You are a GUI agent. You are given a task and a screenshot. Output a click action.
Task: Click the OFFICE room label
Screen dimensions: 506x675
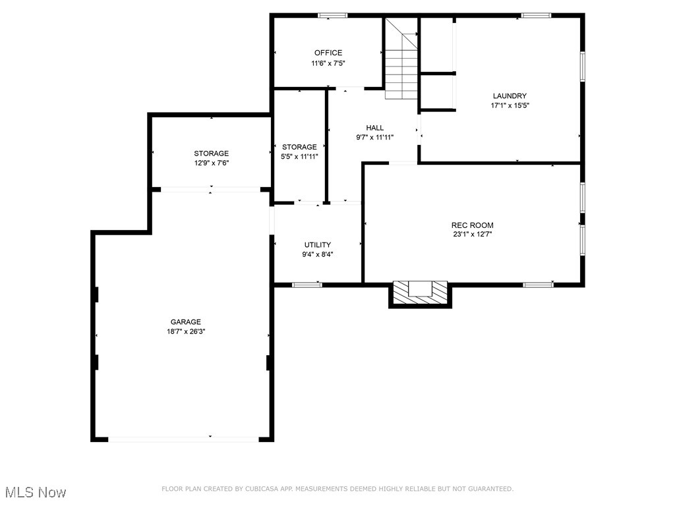click(x=328, y=53)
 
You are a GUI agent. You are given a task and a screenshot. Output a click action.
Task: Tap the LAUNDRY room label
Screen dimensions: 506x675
click(x=510, y=96)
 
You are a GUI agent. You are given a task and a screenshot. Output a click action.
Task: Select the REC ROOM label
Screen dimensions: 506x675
click(x=473, y=225)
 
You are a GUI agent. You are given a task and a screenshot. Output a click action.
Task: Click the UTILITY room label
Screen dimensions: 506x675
click(x=317, y=245)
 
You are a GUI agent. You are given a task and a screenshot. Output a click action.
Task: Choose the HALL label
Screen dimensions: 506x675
click(x=374, y=128)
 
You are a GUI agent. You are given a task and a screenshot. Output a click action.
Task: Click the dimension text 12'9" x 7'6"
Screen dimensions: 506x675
click(x=211, y=163)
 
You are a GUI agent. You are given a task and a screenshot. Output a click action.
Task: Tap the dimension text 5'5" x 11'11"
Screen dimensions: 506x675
click(x=299, y=157)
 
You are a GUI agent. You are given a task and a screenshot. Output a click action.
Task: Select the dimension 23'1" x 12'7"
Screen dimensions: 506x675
click(x=473, y=235)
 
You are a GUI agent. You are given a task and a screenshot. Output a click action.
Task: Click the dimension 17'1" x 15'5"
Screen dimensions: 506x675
click(x=510, y=105)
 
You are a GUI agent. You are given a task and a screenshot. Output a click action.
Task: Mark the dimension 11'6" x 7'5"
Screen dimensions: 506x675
click(x=328, y=63)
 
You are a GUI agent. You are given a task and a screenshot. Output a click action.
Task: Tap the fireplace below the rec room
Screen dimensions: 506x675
click(x=420, y=293)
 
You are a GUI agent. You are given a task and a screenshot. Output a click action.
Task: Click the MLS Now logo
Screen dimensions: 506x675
click(x=36, y=492)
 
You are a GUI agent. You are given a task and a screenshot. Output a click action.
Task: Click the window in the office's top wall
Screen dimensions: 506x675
click(x=332, y=15)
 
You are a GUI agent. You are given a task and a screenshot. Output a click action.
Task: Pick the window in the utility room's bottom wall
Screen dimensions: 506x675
click(x=307, y=285)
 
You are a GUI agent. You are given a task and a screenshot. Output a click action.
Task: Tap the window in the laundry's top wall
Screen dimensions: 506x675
click(x=536, y=15)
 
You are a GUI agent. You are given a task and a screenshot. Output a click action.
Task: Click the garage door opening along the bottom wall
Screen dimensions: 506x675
click(x=184, y=438)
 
